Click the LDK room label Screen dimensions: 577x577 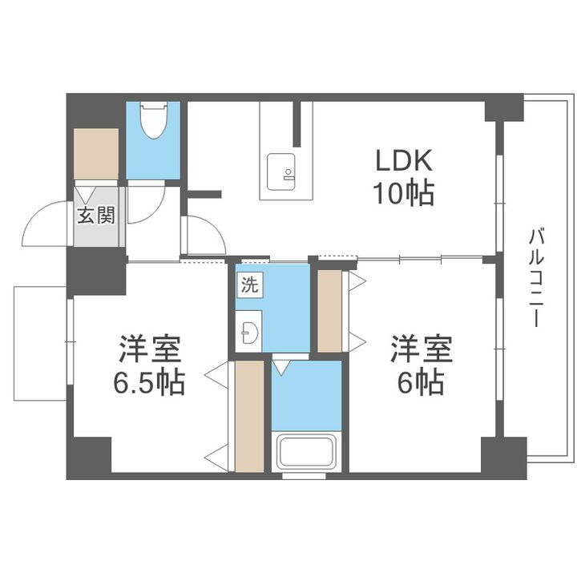405,160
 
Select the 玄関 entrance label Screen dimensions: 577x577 96,215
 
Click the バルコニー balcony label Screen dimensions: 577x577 533,277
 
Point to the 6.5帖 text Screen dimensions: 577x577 150,384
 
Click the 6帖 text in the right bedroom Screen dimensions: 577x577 421,384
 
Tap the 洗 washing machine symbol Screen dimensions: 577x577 248,282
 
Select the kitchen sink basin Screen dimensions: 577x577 280,169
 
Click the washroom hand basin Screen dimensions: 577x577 248,329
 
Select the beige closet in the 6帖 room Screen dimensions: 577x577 329,311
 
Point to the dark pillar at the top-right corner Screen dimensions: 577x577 503,108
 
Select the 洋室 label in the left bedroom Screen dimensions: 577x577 150,351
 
